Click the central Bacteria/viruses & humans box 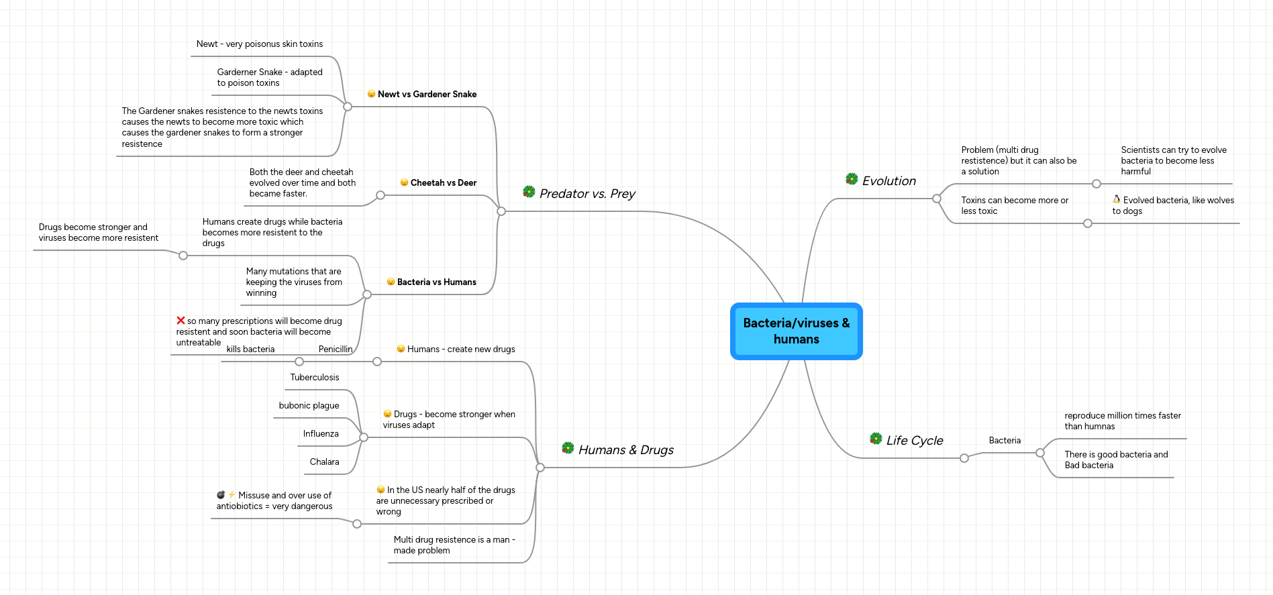click(x=796, y=331)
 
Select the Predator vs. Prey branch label click(x=587, y=194)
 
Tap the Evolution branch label click(x=888, y=181)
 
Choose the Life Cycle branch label click(x=914, y=441)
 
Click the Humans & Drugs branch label click(x=625, y=450)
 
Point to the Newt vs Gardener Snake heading click(x=427, y=95)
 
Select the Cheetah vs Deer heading click(x=443, y=183)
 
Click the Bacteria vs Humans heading click(x=436, y=282)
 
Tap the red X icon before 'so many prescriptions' click(x=181, y=321)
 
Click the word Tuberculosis click(x=315, y=378)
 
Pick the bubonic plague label click(x=309, y=406)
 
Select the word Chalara click(x=324, y=462)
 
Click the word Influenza click(x=321, y=434)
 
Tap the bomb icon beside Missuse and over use click(x=221, y=495)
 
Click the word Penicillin click(x=335, y=349)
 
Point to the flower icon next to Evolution click(x=852, y=179)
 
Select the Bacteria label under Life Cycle click(x=1005, y=441)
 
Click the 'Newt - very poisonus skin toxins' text click(x=259, y=44)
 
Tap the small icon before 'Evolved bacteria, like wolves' click(x=1117, y=199)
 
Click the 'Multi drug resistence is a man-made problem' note click(x=454, y=545)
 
